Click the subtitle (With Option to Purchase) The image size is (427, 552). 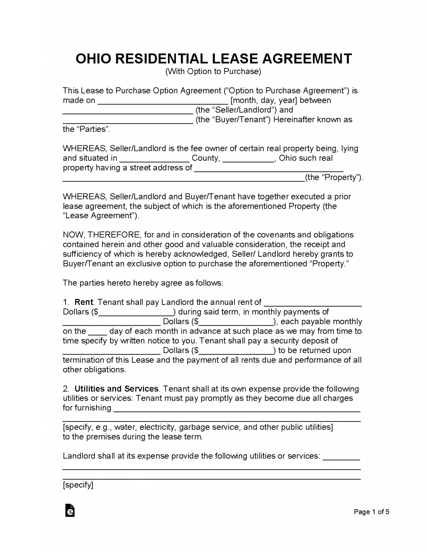point(213,72)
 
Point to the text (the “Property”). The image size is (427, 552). point(334,178)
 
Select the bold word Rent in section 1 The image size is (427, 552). point(83,302)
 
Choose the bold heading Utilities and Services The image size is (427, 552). point(116,389)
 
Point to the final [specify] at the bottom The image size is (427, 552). point(78,485)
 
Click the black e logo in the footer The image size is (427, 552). point(70,511)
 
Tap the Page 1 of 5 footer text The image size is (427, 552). point(371,512)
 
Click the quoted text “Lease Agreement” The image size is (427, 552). point(100,216)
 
